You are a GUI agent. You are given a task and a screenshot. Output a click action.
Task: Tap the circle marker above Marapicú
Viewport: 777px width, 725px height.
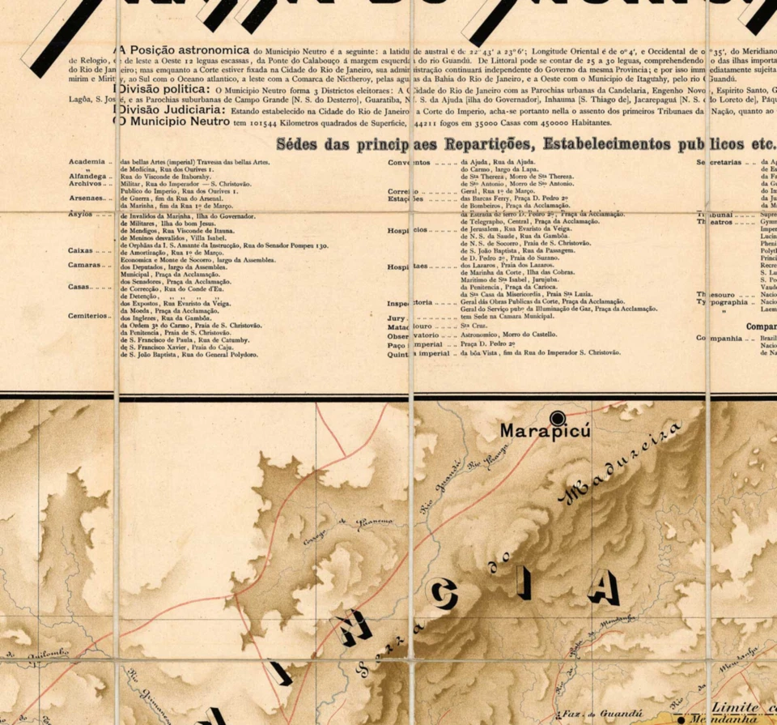[x=558, y=417]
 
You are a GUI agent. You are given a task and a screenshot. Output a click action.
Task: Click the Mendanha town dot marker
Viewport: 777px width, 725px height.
[x=683, y=719]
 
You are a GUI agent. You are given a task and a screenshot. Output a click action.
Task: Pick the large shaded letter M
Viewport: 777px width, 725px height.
[x=352, y=629]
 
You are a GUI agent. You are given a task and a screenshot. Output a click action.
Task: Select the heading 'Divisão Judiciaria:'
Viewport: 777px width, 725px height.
[x=169, y=109]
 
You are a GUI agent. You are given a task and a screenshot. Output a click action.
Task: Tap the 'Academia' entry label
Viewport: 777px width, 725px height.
[x=87, y=162]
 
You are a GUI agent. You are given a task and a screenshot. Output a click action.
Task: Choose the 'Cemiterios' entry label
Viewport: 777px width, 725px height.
[x=89, y=316]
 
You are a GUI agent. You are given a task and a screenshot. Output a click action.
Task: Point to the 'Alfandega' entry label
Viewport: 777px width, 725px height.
[x=87, y=176]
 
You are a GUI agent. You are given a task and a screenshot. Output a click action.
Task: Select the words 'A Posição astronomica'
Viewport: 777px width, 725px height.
[x=184, y=49]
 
